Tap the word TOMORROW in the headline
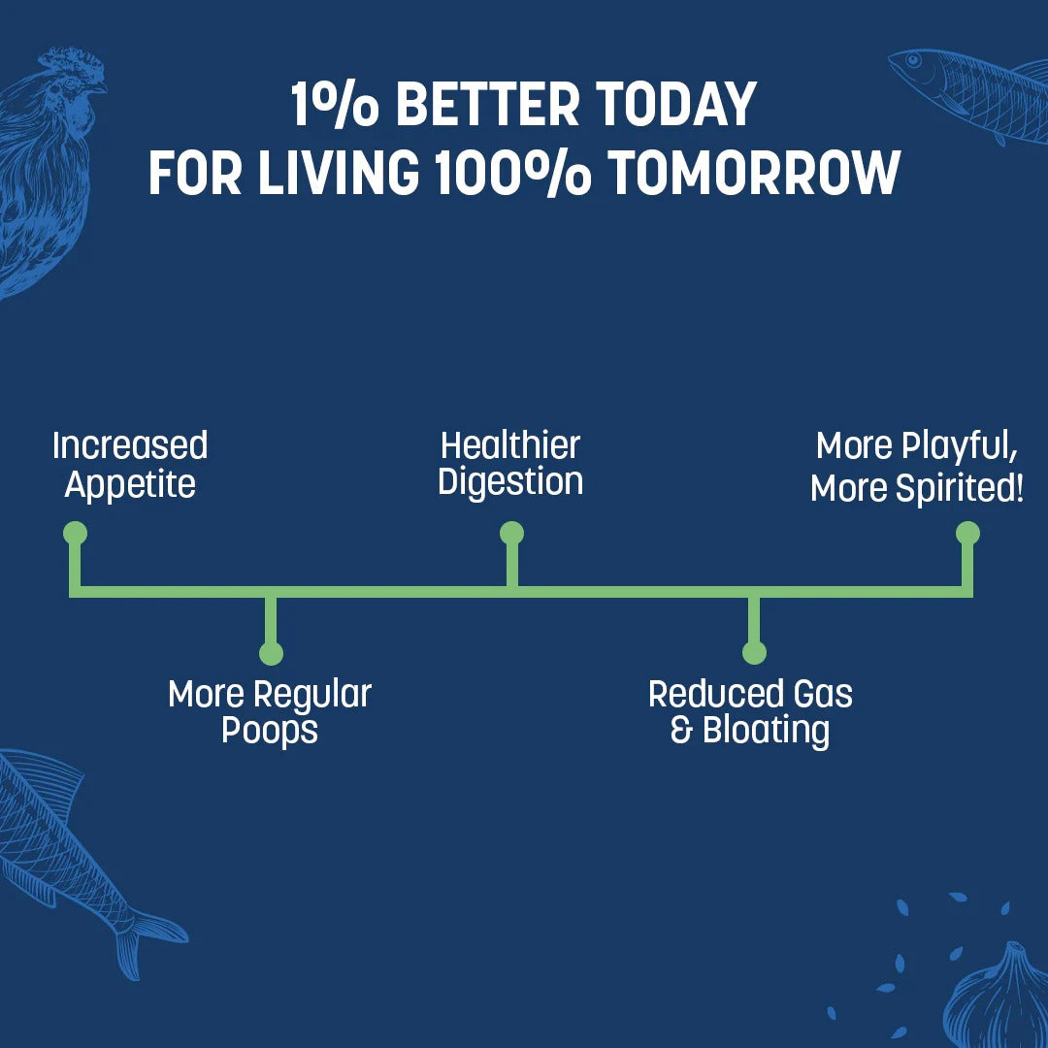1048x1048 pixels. (754, 174)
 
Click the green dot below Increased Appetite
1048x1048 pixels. (75, 533)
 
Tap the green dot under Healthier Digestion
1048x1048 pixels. (511, 533)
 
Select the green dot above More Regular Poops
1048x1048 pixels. (271, 653)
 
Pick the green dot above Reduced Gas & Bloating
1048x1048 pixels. (754, 653)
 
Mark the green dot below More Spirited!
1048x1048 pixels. (967, 533)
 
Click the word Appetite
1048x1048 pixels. (130, 484)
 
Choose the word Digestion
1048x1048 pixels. (510, 482)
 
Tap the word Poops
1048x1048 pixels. (270, 730)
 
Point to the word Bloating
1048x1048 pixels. (767, 730)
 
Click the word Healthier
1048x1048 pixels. (510, 445)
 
